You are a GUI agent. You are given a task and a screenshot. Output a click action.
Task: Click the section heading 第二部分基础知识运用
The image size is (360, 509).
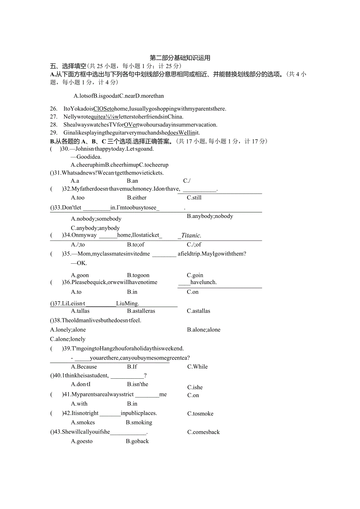180,58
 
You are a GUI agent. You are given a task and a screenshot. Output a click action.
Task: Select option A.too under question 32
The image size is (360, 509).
77,198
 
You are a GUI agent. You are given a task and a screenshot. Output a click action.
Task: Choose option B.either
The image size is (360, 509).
137,198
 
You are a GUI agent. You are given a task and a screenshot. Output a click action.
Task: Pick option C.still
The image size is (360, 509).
194,198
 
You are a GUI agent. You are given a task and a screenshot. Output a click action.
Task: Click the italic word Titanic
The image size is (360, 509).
191,236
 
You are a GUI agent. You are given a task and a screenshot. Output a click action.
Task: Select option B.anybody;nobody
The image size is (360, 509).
210,216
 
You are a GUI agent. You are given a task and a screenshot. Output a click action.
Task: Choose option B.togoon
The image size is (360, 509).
138,275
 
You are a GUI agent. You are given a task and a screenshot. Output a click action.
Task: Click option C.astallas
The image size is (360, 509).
198,311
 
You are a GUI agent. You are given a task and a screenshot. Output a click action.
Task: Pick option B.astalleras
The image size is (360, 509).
141,311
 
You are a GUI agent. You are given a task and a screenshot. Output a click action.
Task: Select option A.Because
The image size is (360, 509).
84,367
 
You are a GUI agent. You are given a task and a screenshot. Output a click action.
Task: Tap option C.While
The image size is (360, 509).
197,367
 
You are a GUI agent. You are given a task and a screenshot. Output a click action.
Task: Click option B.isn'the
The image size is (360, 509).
138,384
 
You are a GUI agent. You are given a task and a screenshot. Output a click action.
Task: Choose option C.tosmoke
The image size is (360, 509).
200,414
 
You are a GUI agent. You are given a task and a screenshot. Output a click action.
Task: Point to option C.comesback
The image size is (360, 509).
203,432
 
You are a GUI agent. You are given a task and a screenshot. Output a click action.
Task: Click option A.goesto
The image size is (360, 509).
82,441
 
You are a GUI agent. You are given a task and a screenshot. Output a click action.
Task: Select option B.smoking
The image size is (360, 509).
139,423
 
